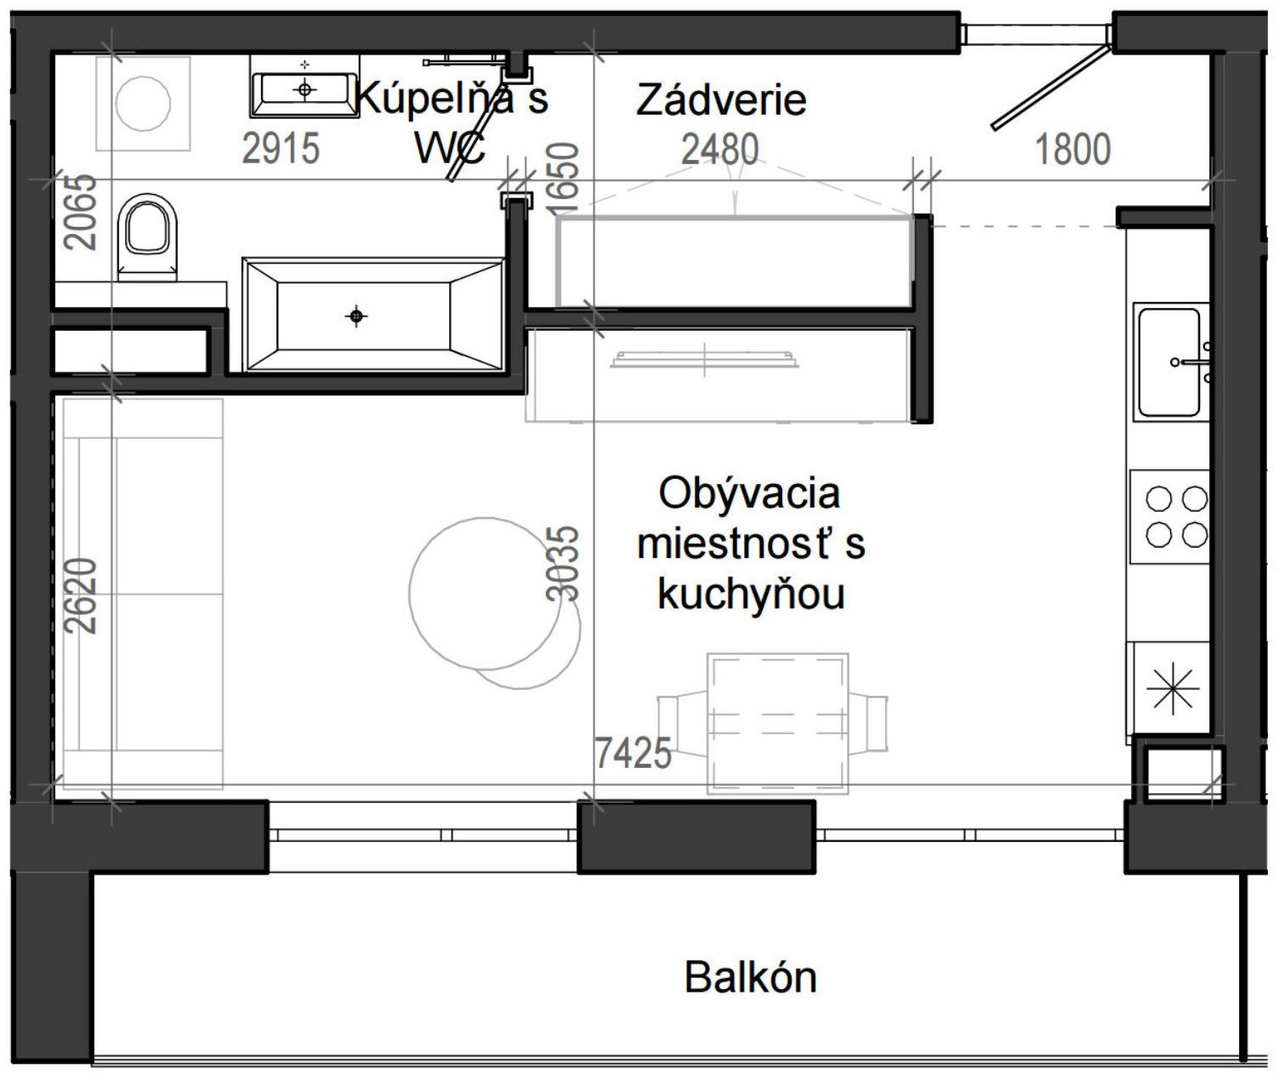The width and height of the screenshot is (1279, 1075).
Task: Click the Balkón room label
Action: click(x=750, y=977)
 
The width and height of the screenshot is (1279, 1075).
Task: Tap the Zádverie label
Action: click(x=721, y=100)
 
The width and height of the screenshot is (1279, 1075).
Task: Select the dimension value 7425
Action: click(x=632, y=753)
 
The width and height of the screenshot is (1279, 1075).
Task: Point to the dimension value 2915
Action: click(x=281, y=149)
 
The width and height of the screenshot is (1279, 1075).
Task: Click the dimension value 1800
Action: click(x=1072, y=150)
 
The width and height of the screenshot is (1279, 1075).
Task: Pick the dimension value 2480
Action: click(x=719, y=151)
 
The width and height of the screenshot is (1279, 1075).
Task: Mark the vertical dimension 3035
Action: click(x=563, y=564)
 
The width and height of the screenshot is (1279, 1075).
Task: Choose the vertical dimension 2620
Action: click(x=82, y=595)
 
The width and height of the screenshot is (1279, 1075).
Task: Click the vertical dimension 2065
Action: click(x=82, y=212)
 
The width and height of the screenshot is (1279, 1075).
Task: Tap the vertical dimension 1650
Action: click(x=563, y=179)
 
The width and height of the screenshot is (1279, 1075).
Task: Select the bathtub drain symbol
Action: click(x=356, y=316)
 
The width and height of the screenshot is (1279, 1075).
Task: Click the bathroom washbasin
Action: click(x=304, y=88)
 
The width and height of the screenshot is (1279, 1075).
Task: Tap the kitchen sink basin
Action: click(x=1169, y=361)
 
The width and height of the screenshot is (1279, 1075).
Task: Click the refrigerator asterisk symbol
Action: click(x=1172, y=687)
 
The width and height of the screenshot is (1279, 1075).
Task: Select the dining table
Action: click(x=777, y=724)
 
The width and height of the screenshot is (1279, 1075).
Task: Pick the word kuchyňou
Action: click(x=751, y=594)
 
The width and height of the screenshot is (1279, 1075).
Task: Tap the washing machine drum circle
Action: click(x=143, y=103)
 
